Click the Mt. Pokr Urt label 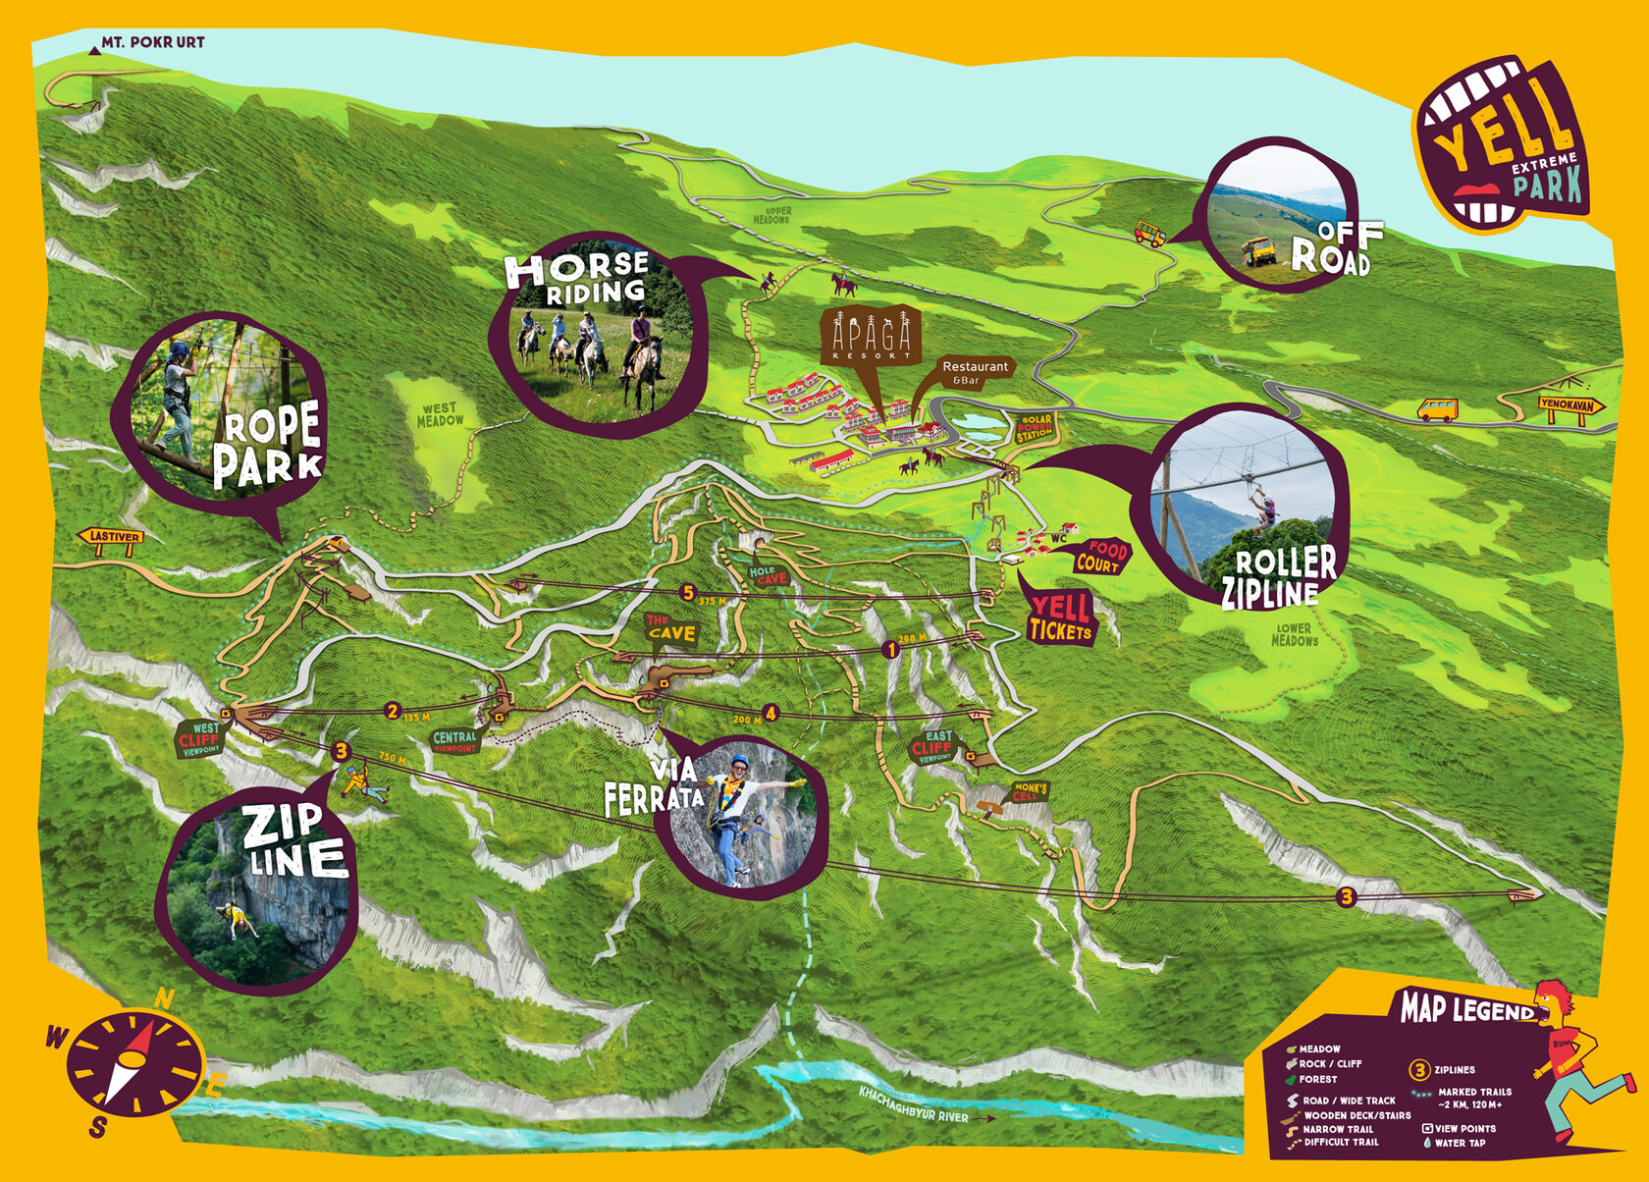point(152,42)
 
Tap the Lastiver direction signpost point(114,536)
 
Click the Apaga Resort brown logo point(871,335)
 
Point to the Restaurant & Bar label point(974,371)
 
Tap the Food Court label point(1101,557)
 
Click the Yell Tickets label point(1060,618)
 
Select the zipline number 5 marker point(687,593)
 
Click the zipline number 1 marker point(891,649)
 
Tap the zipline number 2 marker point(393,712)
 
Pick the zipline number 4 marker point(771,714)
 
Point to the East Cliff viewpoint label point(933,746)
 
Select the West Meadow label point(440,414)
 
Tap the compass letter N point(165,999)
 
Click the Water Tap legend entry point(1459,1143)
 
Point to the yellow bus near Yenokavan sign point(1437,409)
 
